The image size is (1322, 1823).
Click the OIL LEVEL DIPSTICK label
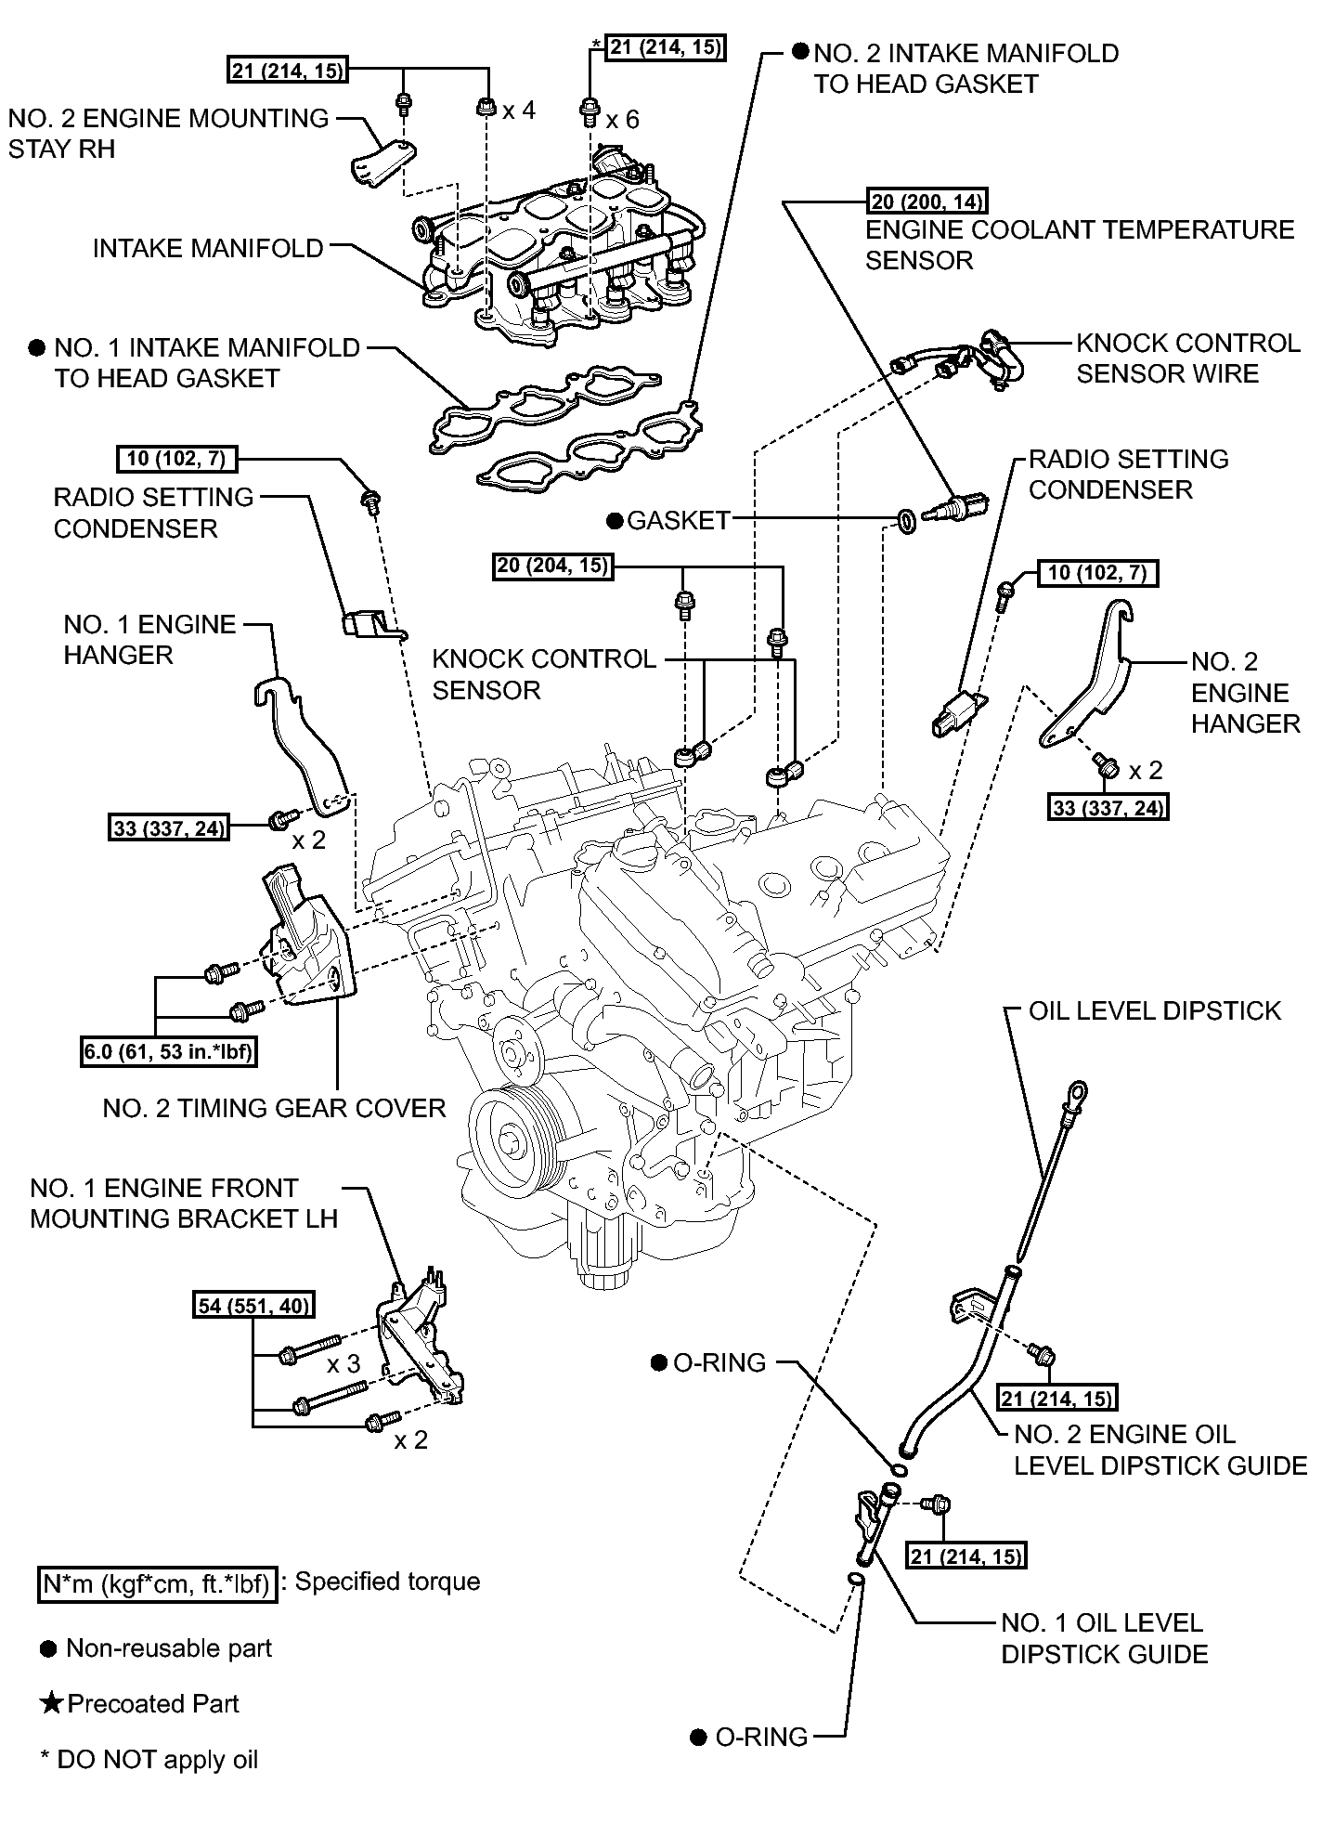pyautogui.click(x=1155, y=1010)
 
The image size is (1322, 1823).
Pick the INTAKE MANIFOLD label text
pyautogui.click(x=208, y=248)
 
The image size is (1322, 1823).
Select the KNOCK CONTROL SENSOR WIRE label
pyautogui.click(x=1187, y=358)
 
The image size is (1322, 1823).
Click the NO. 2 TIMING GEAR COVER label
pyautogui.click(x=274, y=1108)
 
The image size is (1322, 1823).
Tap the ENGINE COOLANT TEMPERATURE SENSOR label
pyautogui.click(x=1080, y=244)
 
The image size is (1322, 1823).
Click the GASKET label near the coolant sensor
pyautogui.click(x=679, y=520)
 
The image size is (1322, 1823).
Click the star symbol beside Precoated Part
pyautogui.click(x=52, y=1703)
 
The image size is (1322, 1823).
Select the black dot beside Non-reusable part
pyautogui.click(x=48, y=1649)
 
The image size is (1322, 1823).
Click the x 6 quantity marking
pyautogui.click(x=623, y=119)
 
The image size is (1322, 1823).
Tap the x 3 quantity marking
pyautogui.click(x=343, y=1363)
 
